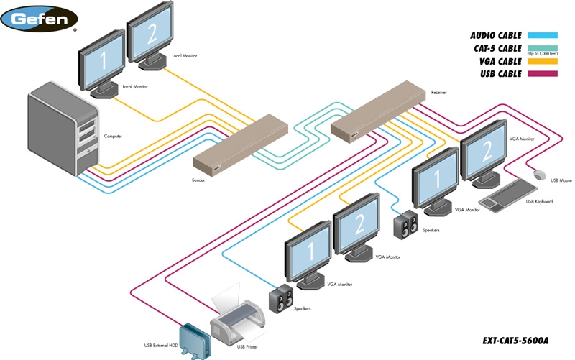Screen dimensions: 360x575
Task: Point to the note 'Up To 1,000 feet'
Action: pos(543,55)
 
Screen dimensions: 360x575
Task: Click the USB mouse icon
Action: pos(539,174)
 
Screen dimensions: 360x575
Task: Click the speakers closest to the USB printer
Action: pos(280,297)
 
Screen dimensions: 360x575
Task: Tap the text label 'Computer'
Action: pos(113,136)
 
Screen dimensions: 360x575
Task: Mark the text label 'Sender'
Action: pos(198,180)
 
